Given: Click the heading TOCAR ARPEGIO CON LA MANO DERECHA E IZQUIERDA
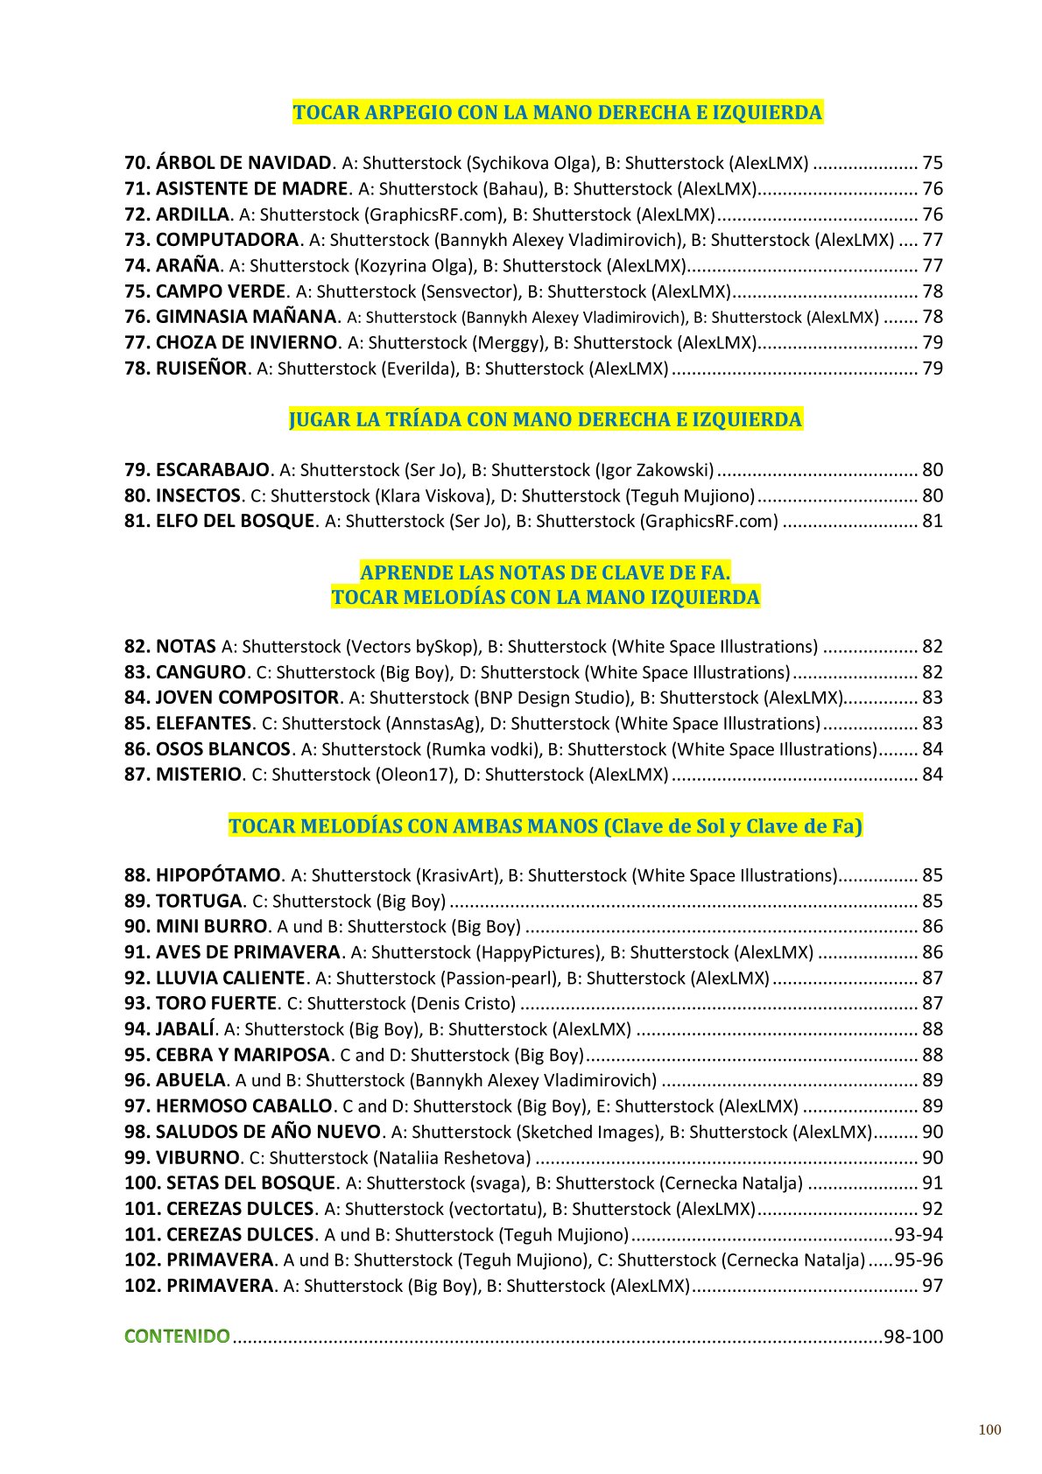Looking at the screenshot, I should [557, 113].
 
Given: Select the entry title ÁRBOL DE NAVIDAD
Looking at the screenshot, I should [243, 163].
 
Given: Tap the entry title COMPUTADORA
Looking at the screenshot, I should [227, 240].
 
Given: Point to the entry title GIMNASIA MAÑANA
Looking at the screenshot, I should [245, 317].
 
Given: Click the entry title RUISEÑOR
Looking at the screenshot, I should [201, 368].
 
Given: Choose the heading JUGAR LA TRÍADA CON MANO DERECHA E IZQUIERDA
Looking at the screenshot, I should [545, 420].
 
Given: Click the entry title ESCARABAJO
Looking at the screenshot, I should [212, 470].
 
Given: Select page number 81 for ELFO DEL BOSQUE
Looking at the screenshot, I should [932, 522].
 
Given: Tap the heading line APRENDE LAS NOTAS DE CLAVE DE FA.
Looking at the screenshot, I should [545, 573].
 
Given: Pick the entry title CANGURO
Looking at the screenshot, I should [201, 672].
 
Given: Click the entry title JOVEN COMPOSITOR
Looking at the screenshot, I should [246, 698].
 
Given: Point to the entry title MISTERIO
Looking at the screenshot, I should [198, 775].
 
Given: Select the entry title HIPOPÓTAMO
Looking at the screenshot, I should [218, 875].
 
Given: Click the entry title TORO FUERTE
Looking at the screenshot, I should [215, 1003].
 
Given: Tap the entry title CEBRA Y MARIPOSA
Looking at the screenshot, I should [242, 1055].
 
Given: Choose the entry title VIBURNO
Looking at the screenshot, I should [197, 1157].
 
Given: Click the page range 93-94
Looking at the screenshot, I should [919, 1235].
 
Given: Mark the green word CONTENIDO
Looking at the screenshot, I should [177, 1337].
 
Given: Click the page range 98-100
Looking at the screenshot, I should [913, 1337].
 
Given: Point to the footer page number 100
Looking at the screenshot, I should [989, 1430].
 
